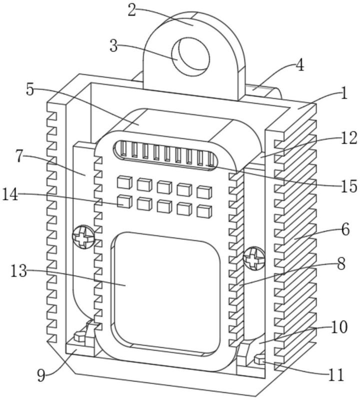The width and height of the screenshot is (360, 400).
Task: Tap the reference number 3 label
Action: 114,46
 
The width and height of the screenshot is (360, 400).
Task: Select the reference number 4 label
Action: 299,66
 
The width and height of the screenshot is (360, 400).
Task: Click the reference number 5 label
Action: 30,89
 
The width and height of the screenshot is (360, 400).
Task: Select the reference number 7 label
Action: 19,156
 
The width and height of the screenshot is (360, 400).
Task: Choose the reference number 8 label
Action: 341,264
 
